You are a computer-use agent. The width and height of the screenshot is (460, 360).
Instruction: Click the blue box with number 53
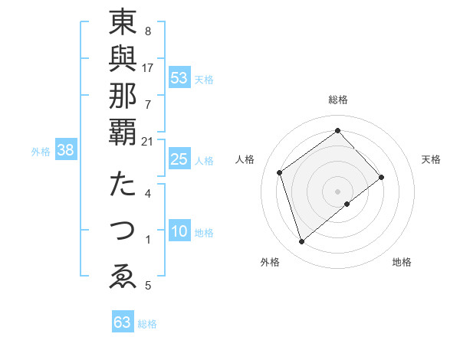coord(179,77)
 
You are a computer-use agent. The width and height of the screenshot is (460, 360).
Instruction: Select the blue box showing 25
coord(179,159)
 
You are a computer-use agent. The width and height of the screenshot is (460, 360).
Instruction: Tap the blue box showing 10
coord(179,232)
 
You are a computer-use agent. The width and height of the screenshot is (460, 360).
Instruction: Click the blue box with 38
coord(66,151)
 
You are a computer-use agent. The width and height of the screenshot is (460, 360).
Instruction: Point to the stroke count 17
coord(147,67)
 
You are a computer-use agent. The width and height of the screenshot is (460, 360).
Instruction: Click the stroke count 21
coord(147,141)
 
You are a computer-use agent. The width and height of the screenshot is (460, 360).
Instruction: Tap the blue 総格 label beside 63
coord(147,324)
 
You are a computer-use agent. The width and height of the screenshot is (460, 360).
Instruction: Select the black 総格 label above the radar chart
coord(338,100)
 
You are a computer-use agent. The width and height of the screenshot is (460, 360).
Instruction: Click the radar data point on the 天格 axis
coord(382,177)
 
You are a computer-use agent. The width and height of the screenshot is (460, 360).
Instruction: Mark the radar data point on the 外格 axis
coord(301,242)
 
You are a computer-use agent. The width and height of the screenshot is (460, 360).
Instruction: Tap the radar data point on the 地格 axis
coord(347,204)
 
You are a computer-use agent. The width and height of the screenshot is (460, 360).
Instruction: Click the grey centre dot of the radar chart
coord(338,191)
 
